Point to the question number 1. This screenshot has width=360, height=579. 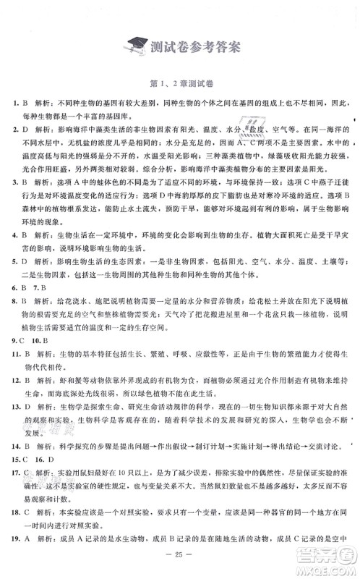[x=15, y=104]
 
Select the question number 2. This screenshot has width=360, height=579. [x=15, y=130]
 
